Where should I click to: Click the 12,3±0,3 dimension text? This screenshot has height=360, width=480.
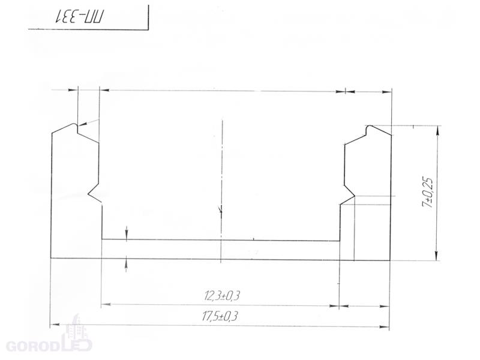pyautogui.click(x=222, y=296)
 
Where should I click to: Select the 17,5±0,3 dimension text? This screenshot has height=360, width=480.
pyautogui.click(x=220, y=316)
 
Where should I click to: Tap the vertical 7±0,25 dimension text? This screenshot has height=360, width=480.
pyautogui.click(x=428, y=193)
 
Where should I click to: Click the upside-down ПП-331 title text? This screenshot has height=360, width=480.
pyautogui.click(x=80, y=17)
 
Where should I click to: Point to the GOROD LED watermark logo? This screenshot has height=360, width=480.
pyautogui.click(x=49, y=337)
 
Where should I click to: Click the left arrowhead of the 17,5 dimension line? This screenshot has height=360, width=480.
pyautogui.click(x=55, y=324)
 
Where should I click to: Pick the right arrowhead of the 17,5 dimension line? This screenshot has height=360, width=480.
pyautogui.click(x=385, y=327)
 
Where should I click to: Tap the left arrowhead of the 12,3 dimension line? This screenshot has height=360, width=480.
pyautogui.click(x=106, y=304)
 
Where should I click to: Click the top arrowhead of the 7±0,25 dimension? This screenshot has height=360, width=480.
pyautogui.click(x=437, y=130)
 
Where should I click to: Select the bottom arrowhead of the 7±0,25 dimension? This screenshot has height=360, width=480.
pyautogui.click(x=437, y=256)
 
